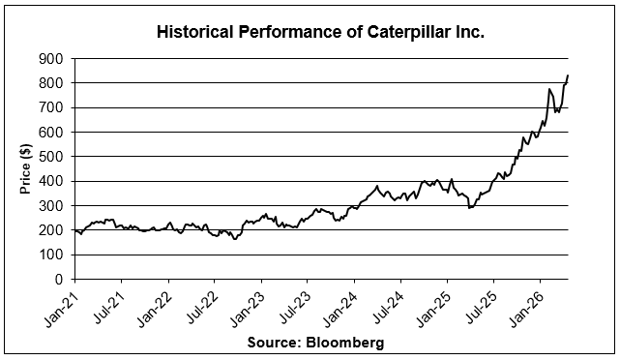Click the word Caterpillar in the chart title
pyautogui.click(x=409, y=33)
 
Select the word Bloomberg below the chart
pyautogui.click(x=344, y=342)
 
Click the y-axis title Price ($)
pyautogui.click(x=26, y=169)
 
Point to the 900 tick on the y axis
pyautogui.click(x=50, y=59)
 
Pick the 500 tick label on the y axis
pyautogui.click(x=50, y=157)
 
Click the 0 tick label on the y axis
pyautogui.click(x=59, y=280)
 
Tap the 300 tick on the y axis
pyautogui.click(x=50, y=206)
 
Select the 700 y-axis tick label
pyautogui.click(x=50, y=107)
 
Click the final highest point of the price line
pyautogui.click(x=568, y=75)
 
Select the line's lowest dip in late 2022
pyautogui.click(x=235, y=239)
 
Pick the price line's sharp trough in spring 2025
pyautogui.click(x=469, y=208)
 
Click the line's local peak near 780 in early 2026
pyautogui.click(x=549, y=89)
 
